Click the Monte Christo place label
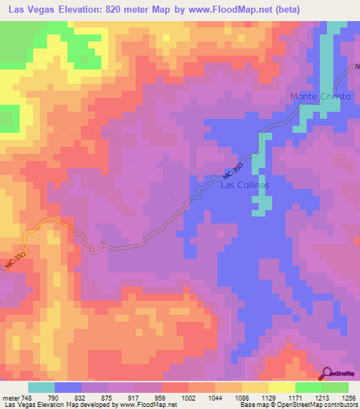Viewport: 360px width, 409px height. [x=316, y=96]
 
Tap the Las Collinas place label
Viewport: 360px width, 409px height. [x=245, y=185]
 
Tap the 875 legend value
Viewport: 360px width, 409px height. [x=105, y=397]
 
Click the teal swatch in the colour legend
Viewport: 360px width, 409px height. [x=41, y=387]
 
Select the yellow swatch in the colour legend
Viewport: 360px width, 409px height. [x=282, y=387]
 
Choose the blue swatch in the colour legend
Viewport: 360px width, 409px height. [x=67, y=387]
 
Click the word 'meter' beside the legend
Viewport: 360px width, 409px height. [x=11, y=397]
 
